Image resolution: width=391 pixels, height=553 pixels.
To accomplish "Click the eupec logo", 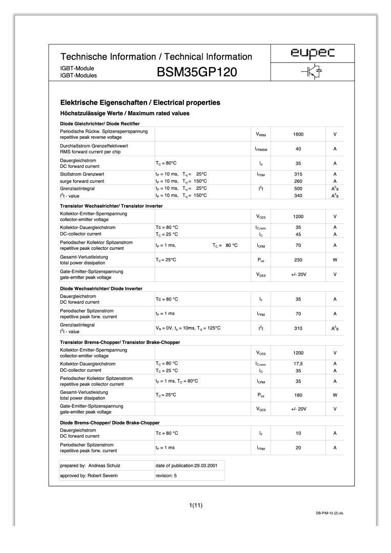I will coord(312,54).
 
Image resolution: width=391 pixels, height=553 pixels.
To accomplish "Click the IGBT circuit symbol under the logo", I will coord(312,73).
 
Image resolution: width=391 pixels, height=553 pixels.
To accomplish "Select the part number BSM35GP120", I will coord(197,73).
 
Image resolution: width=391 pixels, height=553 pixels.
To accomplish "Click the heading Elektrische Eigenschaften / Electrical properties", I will coord(140,102).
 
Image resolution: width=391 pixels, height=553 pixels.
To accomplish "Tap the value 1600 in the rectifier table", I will coord(298,134).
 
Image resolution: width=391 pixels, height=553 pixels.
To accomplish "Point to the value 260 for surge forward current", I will coord(298,181).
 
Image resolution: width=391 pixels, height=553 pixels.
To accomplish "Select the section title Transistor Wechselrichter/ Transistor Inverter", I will coord(111,206).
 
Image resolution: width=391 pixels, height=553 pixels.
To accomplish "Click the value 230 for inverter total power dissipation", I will coord(298,260).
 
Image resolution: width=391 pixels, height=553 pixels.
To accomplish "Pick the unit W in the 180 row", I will coord(335,395).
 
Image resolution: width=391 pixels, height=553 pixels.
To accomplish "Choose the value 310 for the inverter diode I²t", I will coord(298,328).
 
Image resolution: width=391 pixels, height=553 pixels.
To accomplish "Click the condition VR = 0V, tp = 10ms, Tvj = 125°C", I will coord(188,328).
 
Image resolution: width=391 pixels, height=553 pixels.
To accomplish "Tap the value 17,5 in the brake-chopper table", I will coord(298,364).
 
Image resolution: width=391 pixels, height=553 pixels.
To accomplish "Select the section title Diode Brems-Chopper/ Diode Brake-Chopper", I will coord(110,422).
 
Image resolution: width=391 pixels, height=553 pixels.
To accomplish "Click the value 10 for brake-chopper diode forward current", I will coord(298,433).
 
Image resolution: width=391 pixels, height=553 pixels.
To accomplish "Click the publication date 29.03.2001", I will coord(208,465).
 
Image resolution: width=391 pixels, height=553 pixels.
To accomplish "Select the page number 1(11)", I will coord(196,506).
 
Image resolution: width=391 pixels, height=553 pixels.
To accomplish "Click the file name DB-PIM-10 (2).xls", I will coord(329,513).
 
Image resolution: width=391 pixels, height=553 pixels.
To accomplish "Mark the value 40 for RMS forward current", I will coord(298,148).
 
